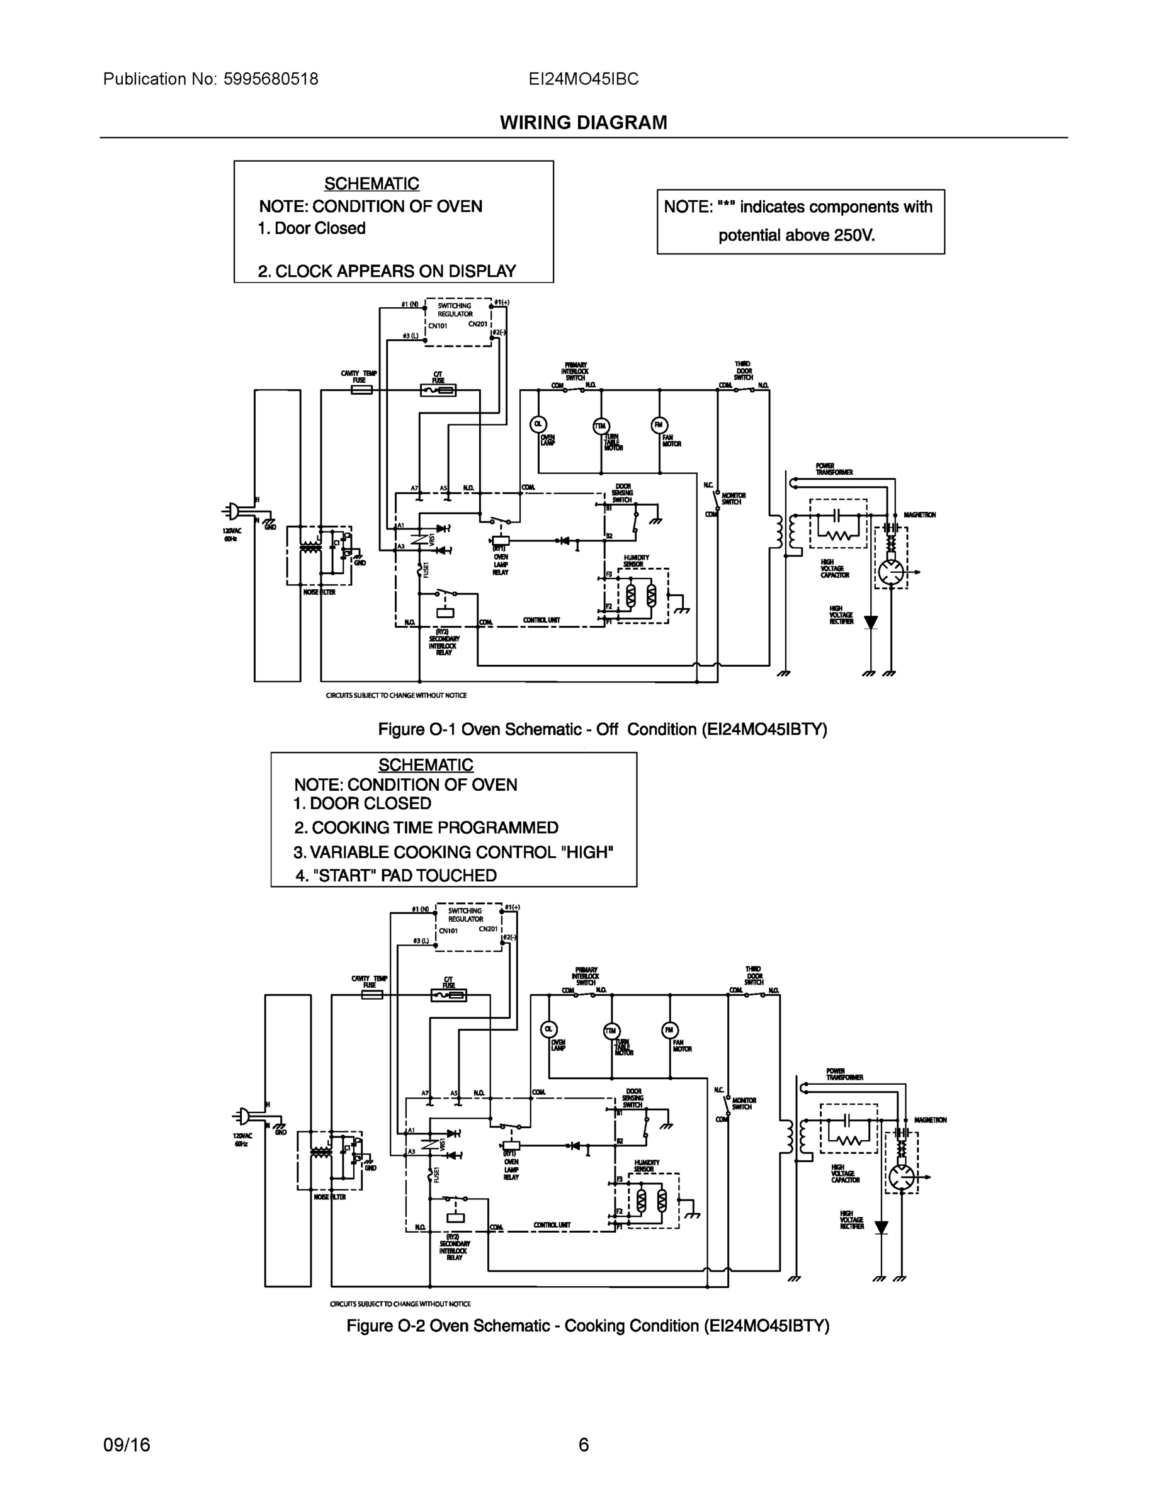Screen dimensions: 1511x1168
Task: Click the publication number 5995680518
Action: [271, 79]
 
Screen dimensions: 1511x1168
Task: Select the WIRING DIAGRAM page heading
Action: [583, 123]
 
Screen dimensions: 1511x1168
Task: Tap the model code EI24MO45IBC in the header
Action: [583, 79]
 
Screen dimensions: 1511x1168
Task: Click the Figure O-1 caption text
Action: [602, 729]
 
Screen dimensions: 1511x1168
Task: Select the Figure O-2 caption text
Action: [587, 1325]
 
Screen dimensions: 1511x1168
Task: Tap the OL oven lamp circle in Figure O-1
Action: [538, 424]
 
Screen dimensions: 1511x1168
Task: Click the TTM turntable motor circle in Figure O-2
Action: [611, 1030]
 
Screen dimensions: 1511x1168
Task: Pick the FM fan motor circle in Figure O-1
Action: [659, 425]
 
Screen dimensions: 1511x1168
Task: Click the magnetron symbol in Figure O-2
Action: [902, 1177]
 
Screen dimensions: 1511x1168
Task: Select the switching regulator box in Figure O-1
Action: [457, 322]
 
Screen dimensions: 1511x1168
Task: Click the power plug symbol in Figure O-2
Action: [242, 1115]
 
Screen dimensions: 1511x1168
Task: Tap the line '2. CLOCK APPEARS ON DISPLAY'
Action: [387, 271]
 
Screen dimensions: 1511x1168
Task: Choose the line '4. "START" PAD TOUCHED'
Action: [396, 875]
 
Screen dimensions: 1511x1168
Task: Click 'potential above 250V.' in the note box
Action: [797, 235]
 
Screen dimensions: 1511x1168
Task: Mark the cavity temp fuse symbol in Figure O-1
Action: [361, 390]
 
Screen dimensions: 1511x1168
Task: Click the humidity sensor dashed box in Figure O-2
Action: [653, 1201]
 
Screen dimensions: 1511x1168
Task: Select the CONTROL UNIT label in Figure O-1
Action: [541, 620]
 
